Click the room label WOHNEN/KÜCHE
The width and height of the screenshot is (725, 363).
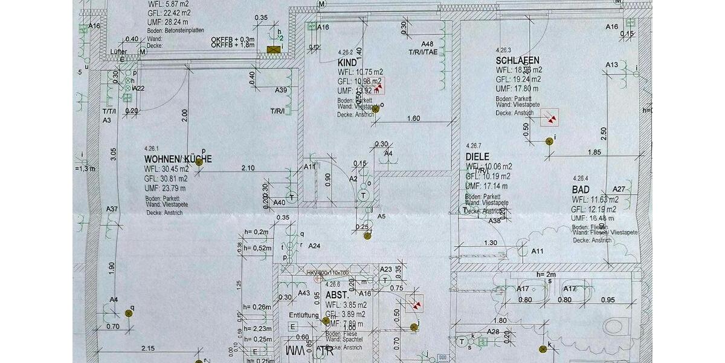[177, 159]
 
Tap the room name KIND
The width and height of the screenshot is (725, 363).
[347, 62]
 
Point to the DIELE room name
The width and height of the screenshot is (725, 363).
[477, 156]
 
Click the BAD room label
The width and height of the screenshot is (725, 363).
[581, 189]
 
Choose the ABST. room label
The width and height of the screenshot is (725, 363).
[336, 295]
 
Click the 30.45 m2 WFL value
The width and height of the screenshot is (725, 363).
[173, 169]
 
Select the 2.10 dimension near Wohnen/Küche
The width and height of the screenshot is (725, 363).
[248, 168]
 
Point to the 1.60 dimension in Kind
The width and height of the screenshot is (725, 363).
[413, 119]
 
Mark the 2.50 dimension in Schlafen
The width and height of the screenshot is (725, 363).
[604, 131]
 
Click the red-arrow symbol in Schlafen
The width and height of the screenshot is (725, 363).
[549, 117]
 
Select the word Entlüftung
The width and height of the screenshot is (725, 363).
[304, 315]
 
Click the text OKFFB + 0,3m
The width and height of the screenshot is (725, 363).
[233, 39]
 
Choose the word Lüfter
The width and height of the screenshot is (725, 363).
[118, 52]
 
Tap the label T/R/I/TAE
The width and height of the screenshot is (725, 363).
[422, 52]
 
